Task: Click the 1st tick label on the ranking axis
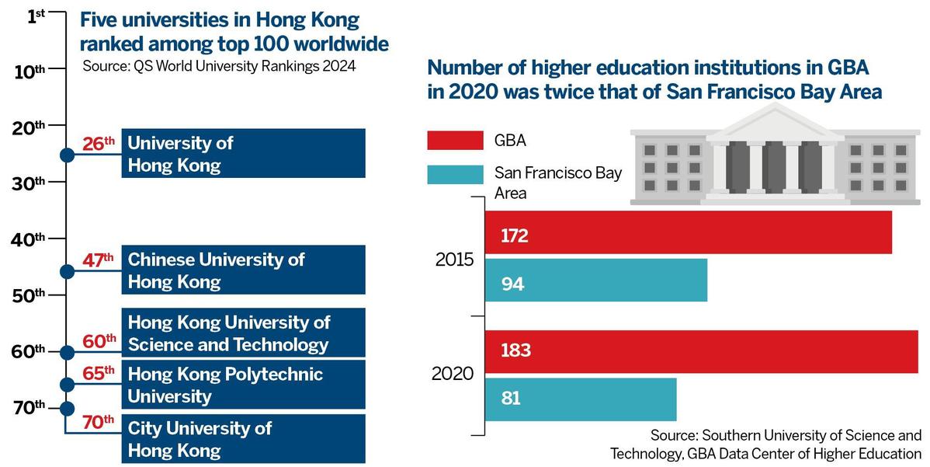click(36, 15)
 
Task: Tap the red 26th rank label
click(99, 144)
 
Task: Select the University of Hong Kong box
click(243, 154)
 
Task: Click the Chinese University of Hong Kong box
click(243, 270)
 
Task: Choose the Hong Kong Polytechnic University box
click(243, 385)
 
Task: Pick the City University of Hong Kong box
click(243, 439)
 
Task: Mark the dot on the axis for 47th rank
click(67, 271)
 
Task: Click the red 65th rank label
click(99, 374)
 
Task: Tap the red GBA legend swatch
click(455, 141)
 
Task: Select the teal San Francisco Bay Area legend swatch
click(455, 174)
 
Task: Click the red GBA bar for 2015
click(688, 233)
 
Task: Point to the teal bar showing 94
click(595, 281)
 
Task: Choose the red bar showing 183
click(701, 350)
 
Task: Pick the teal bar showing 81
click(581, 399)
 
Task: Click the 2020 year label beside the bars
click(453, 374)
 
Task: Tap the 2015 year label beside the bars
click(455, 260)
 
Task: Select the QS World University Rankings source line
click(219, 66)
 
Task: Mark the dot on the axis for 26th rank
click(67, 155)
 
